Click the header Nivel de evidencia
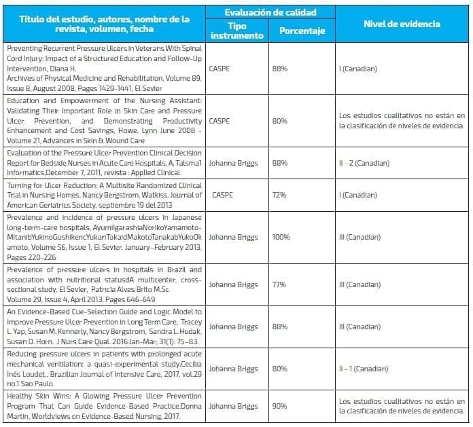pyautogui.click(x=402, y=24)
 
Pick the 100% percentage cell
pyautogui.click(x=281, y=238)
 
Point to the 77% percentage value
pyautogui.click(x=279, y=284)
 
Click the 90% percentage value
pyautogui.click(x=280, y=406)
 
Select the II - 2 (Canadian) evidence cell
pyautogui.click(x=364, y=163)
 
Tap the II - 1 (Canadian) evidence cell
pyautogui.click(x=364, y=369)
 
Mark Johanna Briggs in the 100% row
pyautogui.click(x=233, y=238)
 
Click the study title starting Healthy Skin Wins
pyautogui.click(x=105, y=406)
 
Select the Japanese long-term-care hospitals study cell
pyautogui.click(x=105, y=238)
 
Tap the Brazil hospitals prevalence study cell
pyautogui.click(x=105, y=284)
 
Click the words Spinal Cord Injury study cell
pyautogui.click(x=105, y=69)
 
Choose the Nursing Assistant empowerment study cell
pyautogui.click(x=105, y=120)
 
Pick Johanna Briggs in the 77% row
pyautogui.click(x=233, y=284)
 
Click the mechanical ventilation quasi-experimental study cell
pyautogui.click(x=105, y=369)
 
